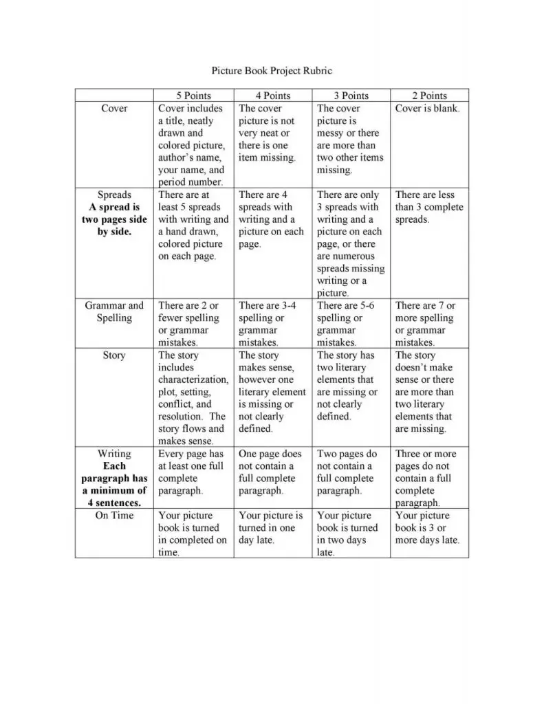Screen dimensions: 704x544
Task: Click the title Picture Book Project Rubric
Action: point(271,71)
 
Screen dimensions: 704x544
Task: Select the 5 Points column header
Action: point(193,96)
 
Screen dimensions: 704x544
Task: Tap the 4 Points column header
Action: point(273,96)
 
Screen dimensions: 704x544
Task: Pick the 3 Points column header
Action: point(351,96)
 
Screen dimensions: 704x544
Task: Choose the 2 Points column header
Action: point(429,96)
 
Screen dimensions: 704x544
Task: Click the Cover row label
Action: point(114,109)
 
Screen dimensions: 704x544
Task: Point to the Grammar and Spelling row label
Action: point(114,312)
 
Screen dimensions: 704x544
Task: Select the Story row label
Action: point(114,355)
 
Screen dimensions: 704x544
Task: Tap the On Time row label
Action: point(114,516)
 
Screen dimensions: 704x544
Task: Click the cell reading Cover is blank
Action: point(427,109)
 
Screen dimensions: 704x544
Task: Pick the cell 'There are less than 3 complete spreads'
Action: point(429,207)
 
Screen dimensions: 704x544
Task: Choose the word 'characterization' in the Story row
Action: point(193,380)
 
